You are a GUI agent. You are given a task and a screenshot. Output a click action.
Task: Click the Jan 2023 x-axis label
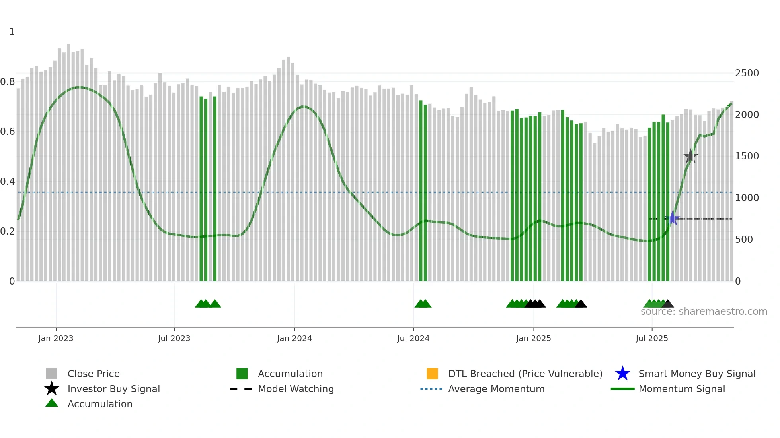(56, 338)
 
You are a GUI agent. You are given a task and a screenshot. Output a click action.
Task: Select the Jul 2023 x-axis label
(174, 338)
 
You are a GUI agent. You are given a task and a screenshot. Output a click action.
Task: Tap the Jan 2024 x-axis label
(294, 338)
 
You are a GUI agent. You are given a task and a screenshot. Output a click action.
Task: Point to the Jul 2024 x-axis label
(413, 338)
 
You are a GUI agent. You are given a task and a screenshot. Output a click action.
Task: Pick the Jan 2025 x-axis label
(533, 338)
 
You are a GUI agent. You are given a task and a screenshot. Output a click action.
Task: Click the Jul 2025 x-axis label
(651, 338)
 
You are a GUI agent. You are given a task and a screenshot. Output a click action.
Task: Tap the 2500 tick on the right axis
(747, 73)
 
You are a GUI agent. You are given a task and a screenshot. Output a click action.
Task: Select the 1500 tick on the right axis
(747, 156)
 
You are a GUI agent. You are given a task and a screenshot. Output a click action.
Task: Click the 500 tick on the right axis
(744, 240)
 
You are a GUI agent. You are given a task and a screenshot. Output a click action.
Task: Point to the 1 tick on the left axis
(12, 32)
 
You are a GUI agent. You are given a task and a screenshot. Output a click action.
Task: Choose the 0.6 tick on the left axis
(8, 132)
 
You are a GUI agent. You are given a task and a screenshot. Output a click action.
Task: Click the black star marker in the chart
(690, 156)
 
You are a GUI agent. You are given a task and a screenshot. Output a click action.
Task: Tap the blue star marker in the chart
(672, 218)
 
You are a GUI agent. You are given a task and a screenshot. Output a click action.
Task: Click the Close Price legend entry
(94, 374)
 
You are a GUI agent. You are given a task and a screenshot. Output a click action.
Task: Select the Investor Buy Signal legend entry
(113, 389)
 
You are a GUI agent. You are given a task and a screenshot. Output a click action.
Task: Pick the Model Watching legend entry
(296, 389)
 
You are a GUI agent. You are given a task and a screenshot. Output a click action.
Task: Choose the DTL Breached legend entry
(525, 374)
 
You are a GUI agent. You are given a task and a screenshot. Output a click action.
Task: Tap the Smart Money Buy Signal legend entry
(696, 374)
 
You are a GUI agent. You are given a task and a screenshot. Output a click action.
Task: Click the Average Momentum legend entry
(496, 389)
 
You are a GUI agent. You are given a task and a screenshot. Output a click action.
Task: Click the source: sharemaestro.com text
(704, 312)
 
